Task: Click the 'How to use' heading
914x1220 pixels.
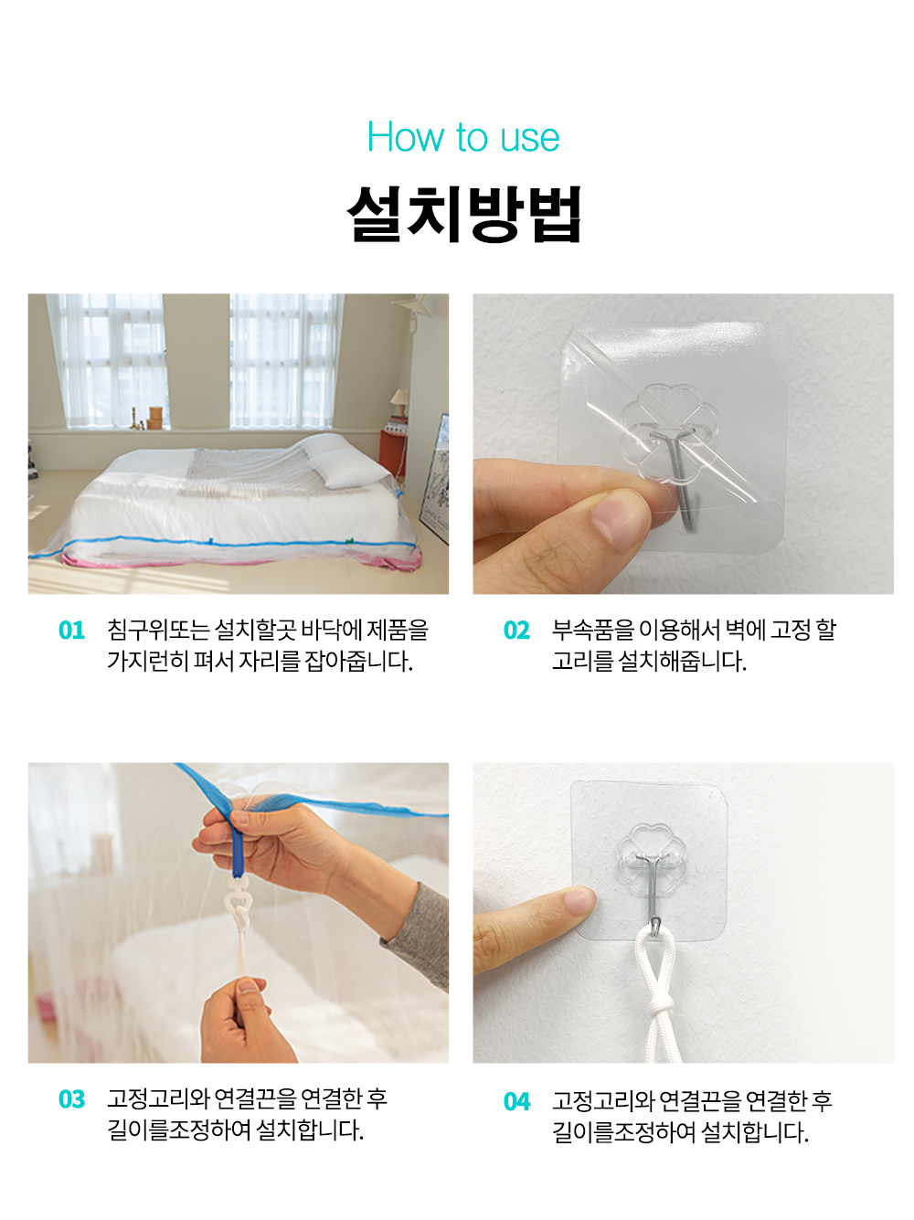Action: (x=462, y=137)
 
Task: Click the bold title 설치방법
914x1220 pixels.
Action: (x=462, y=214)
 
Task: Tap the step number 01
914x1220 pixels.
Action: (x=71, y=631)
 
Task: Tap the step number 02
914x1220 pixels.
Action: (x=516, y=631)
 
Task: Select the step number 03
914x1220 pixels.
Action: (x=71, y=1100)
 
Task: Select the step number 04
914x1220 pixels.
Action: (x=516, y=1102)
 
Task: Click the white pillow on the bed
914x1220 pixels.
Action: (x=349, y=471)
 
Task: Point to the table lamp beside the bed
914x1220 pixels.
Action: (x=399, y=404)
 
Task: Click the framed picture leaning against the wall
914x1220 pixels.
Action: (x=433, y=479)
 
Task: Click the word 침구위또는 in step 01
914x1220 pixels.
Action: (x=158, y=630)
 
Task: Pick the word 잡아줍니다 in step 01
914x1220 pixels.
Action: (x=358, y=661)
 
